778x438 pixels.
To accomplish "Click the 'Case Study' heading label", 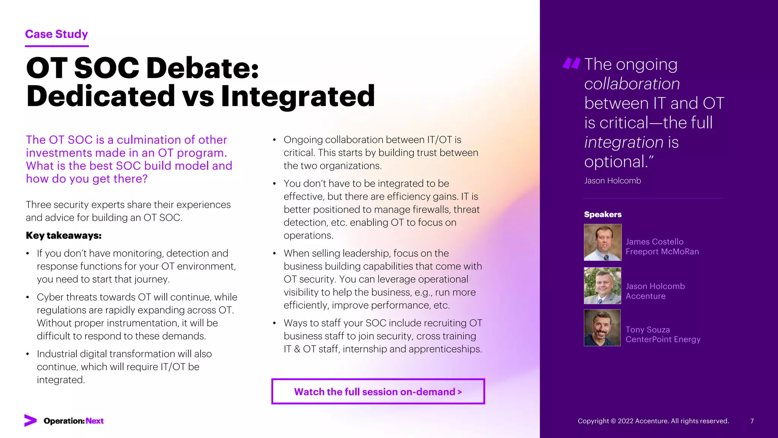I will coord(56,34).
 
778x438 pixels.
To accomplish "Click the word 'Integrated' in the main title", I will coord(298,96).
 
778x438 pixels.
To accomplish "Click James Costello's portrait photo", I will coord(602,242).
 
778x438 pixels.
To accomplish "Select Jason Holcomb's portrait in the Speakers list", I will coord(602,286).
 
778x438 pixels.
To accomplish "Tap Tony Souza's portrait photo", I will coord(602,328).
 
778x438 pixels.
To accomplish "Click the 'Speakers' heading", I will coord(602,214).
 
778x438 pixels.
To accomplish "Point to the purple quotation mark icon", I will coord(571,63).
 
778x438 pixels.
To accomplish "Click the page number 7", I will coord(752,421).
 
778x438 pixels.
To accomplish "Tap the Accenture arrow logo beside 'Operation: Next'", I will coord(30,421).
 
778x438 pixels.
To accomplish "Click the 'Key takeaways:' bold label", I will coord(63,236).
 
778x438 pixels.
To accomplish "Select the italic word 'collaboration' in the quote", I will coord(632,84).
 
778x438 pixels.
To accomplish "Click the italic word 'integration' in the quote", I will coord(624,143).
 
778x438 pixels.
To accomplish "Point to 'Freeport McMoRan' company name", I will coord(662,252).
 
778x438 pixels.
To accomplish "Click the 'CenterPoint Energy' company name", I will coord(663,340).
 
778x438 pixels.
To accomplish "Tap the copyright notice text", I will coord(653,421).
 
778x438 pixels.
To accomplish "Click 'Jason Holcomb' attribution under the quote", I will coord(612,181).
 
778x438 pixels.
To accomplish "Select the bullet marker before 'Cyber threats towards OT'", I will coord(28,297).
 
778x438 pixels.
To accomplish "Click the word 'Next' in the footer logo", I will coord(95,421).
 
